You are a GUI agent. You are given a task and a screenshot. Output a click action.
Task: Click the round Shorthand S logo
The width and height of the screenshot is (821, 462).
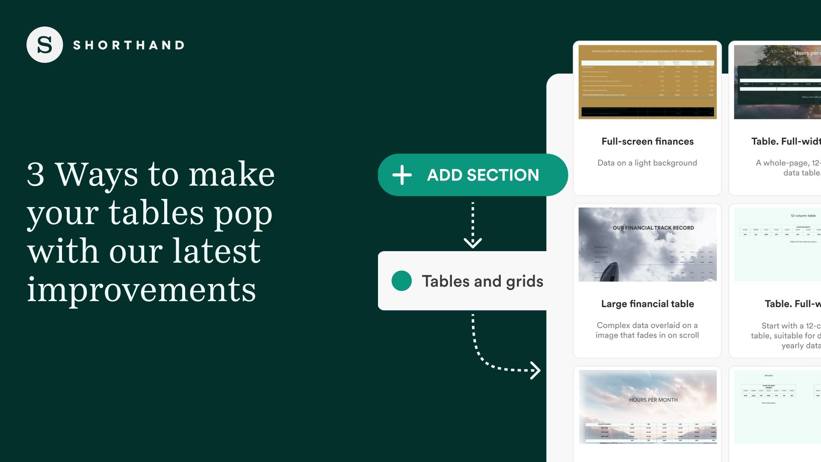(44, 45)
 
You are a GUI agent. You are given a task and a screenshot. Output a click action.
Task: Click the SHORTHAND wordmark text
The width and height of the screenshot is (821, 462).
(129, 45)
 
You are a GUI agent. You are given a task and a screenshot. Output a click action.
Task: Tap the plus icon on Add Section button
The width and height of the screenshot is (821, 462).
(402, 175)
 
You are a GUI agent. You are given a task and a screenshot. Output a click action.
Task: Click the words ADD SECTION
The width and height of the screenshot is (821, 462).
(483, 175)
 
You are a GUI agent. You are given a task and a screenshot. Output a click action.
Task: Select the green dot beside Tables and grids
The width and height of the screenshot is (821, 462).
(402, 281)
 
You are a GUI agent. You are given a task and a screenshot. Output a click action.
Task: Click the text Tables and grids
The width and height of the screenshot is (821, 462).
(482, 281)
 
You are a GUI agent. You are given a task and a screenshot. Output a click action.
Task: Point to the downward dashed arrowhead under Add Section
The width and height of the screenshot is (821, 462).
(473, 243)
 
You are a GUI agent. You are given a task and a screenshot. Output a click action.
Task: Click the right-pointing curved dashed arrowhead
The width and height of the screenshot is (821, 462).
(535, 370)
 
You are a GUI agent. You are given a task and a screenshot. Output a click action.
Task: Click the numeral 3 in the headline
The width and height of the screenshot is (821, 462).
(35, 174)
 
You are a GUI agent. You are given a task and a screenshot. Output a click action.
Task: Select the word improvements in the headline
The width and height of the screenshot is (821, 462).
(142, 290)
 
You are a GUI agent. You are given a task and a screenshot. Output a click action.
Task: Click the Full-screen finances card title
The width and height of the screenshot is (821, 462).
(647, 142)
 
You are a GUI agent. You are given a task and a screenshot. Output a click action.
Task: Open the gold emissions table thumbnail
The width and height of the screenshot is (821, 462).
(647, 82)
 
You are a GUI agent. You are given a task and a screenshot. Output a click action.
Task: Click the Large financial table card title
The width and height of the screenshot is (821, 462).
(647, 304)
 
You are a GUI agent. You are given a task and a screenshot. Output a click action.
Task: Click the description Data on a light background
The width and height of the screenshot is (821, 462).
(647, 163)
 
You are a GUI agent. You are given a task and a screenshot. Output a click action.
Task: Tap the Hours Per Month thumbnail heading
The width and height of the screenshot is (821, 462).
(653, 400)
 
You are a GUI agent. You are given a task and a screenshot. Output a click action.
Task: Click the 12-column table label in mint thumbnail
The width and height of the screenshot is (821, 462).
(803, 216)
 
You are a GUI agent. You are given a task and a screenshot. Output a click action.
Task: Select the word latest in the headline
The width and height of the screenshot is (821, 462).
(216, 252)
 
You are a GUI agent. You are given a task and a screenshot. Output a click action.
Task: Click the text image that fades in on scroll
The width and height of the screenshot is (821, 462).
(647, 335)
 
